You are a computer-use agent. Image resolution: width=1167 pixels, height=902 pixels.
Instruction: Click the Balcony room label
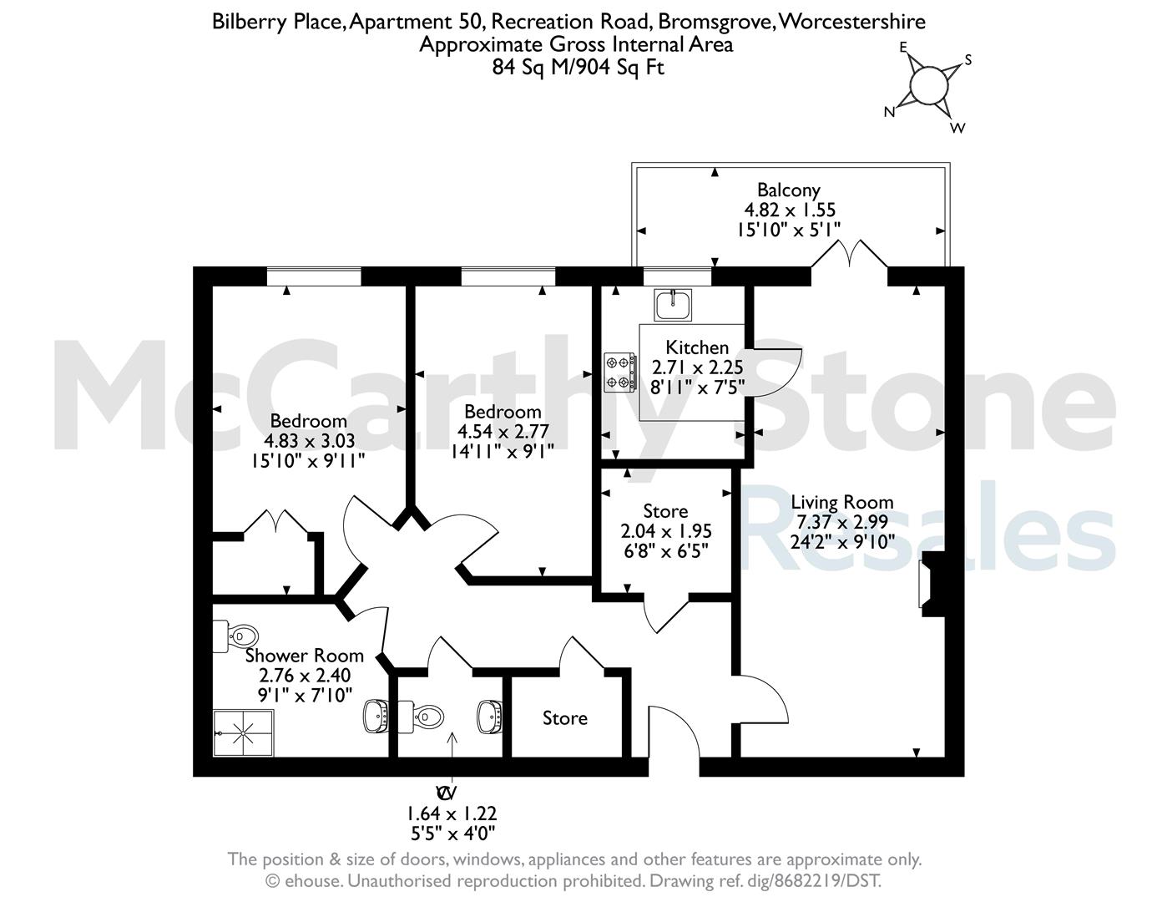coord(788,190)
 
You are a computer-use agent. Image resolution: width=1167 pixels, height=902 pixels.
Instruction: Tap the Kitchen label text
coord(697,347)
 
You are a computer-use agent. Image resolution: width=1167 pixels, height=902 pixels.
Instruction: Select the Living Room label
coord(842,502)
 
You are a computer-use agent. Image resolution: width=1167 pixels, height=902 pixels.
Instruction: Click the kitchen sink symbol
coord(673,305)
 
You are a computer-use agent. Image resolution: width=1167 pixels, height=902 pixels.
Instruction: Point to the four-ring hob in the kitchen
coord(620,371)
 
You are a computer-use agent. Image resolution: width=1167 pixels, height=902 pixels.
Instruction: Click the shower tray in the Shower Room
coord(243,732)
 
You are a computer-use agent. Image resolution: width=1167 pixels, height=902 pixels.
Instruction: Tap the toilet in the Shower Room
coord(235,636)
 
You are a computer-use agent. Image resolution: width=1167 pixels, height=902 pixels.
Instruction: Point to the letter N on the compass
coord(889,112)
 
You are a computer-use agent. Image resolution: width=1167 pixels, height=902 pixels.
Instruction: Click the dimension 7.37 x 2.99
coord(842,522)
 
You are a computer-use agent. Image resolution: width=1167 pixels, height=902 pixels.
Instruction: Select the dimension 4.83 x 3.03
coord(309,441)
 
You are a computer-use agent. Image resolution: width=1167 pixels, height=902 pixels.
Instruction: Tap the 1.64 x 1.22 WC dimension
coord(452,813)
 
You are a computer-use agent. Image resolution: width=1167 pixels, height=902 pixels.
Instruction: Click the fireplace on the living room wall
coord(932,584)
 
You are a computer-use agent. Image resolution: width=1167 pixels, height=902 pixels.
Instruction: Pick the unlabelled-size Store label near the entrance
coord(565,718)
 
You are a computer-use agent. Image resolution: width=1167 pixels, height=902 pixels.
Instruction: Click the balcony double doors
coord(849,254)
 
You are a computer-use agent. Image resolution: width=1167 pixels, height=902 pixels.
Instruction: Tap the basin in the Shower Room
coord(376,716)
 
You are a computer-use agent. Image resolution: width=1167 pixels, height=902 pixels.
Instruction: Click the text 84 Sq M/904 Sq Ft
coord(578,68)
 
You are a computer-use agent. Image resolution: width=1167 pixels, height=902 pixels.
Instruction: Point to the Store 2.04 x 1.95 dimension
coord(666,531)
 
